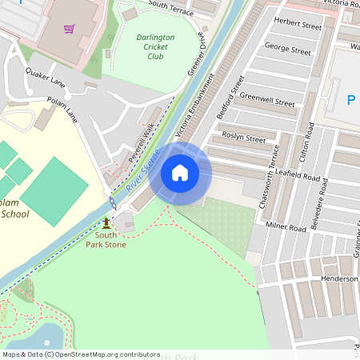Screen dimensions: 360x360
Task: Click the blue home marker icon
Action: coord(180,173)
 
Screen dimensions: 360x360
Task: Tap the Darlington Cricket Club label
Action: coord(145,46)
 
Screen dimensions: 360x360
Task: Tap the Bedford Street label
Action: coord(230,97)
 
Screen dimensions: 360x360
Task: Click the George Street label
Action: coord(287,50)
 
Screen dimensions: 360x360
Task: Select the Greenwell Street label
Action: coord(267,102)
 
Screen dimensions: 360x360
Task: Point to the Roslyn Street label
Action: coord(243,138)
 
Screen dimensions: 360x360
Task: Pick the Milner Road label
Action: coord(286,228)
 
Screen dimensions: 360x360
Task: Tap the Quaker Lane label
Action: coord(45,77)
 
